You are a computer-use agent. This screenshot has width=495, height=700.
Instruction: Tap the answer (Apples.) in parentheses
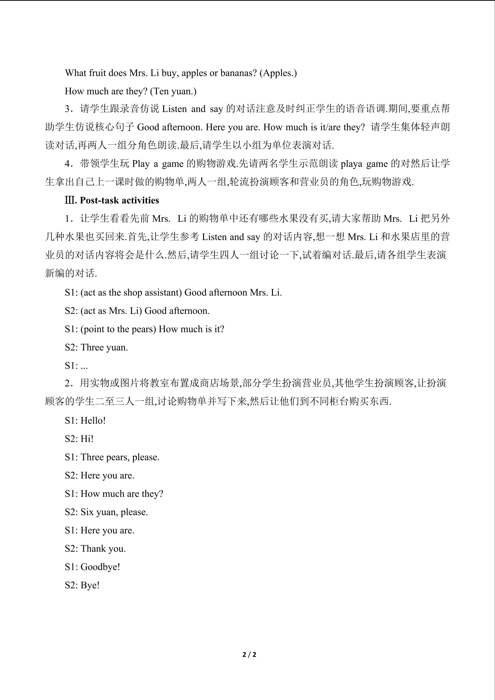278,73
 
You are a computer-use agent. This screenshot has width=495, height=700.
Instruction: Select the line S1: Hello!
85,420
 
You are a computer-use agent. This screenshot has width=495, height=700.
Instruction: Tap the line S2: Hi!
79,439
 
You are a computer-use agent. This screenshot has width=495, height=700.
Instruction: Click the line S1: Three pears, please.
112,457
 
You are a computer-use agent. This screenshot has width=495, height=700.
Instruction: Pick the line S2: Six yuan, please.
106,512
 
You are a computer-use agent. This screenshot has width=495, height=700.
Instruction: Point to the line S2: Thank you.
95,548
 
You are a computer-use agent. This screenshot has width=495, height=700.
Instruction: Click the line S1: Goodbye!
92,567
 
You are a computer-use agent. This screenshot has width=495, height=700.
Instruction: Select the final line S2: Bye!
82,585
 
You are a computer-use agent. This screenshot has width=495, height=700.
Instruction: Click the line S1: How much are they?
114,494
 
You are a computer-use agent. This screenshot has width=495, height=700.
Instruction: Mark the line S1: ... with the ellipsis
76,365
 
